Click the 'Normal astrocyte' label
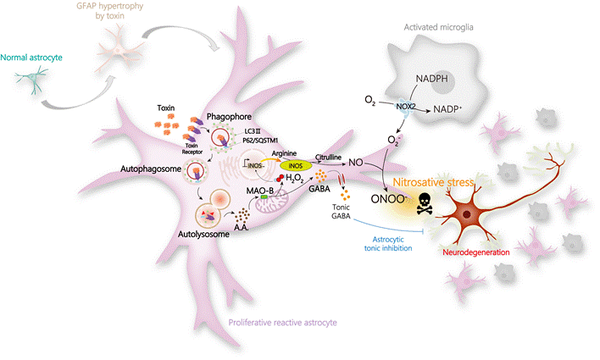pos(31,58)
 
